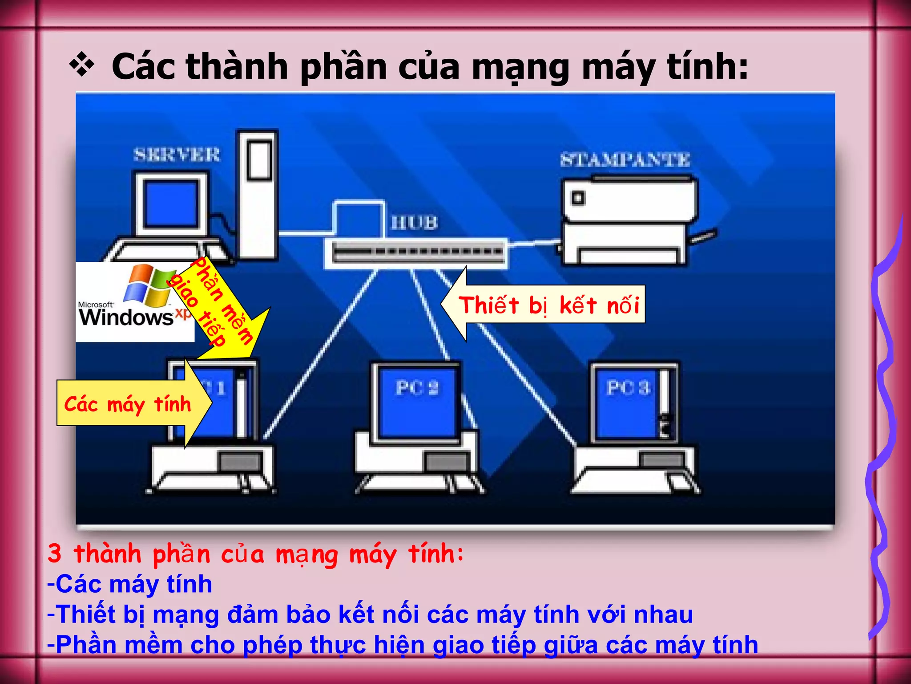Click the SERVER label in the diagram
[177, 155]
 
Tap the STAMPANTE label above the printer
[625, 159]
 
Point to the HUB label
[415, 223]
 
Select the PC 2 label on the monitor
[417, 388]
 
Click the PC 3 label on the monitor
[628, 388]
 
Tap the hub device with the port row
[416, 252]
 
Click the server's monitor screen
[172, 203]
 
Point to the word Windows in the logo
[126, 317]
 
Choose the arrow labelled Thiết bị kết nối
[543, 305]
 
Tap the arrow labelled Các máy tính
[133, 404]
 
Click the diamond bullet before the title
[82, 65]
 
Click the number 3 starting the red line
[54, 554]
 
